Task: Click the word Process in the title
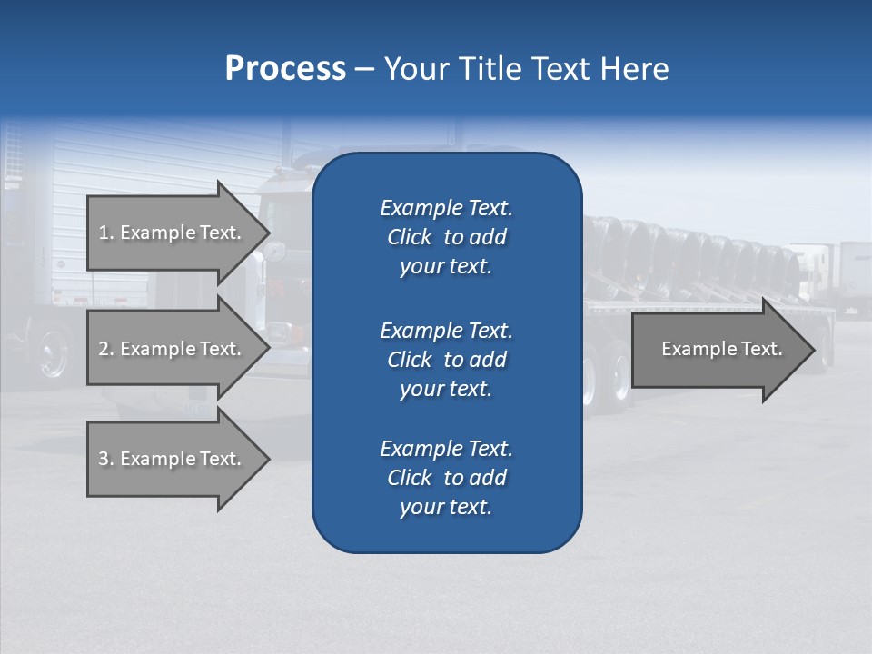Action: [285, 69]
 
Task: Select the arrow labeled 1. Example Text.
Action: [170, 233]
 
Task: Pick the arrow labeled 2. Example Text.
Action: [170, 349]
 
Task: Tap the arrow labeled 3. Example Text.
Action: [170, 459]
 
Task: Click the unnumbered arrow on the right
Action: [721, 349]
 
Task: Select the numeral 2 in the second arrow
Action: [104, 349]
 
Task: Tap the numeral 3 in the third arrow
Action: [104, 459]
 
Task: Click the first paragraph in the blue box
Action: [446, 237]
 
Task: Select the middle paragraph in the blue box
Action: [446, 360]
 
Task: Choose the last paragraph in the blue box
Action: [446, 478]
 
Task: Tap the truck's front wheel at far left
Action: [54, 354]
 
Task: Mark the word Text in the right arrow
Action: [762, 349]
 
